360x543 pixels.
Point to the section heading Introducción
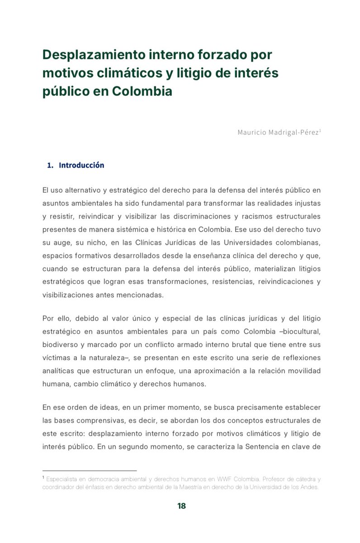point(81,165)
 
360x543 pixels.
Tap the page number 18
point(181,506)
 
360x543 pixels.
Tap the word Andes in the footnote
point(309,487)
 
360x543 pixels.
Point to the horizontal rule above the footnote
point(89,471)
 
